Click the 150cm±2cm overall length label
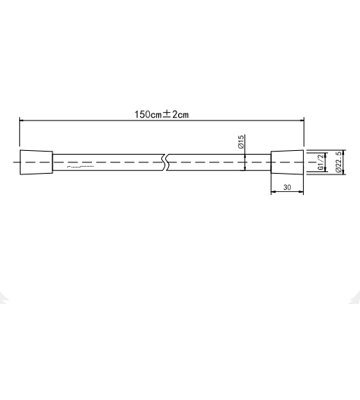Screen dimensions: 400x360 coord(161,114)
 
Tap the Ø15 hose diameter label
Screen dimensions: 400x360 coord(241,141)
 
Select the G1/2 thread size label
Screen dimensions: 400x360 coord(320,162)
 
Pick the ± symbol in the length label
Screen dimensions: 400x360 coord(165,114)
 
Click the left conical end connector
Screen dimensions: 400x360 coord(36,163)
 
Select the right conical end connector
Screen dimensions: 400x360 coord(287,163)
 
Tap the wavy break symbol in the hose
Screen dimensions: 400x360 coord(164,163)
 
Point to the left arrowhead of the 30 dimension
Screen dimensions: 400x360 coord(274,193)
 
